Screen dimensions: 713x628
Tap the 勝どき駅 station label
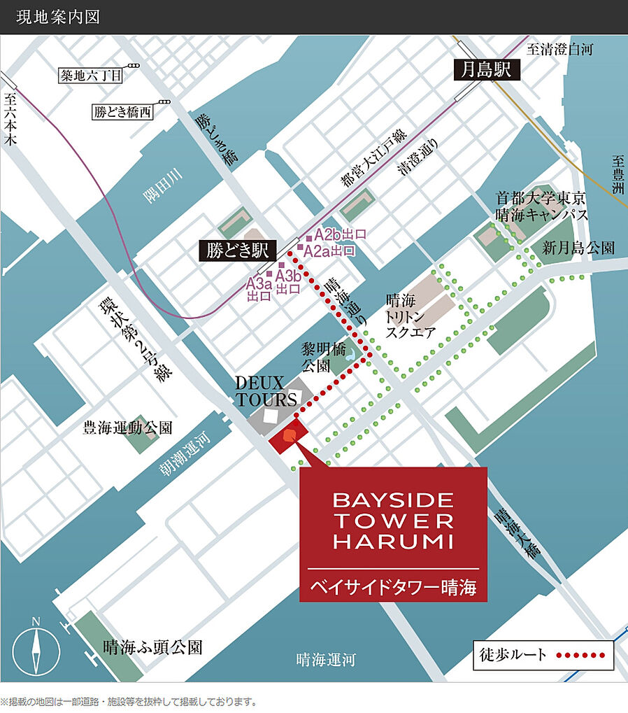234,250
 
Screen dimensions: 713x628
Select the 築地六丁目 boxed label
91,75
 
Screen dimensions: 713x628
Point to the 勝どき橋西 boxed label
122,111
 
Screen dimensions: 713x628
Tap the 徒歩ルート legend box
542,656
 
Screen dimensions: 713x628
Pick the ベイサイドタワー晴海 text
393,588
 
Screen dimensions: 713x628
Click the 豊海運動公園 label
128,428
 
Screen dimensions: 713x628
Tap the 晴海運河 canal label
326,660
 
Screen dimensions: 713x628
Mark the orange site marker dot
288,438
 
